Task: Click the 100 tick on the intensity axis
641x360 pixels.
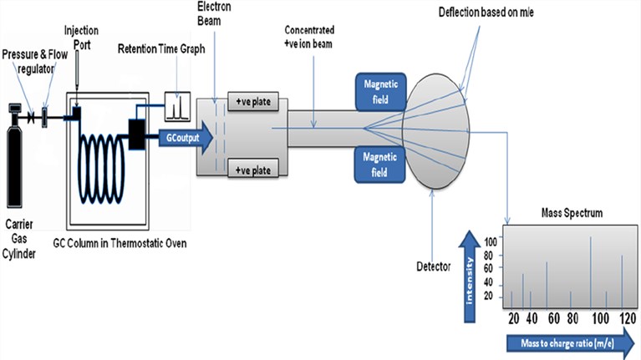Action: [x=491, y=241]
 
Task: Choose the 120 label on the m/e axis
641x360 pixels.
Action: [x=623, y=317]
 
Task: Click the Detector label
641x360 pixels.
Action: [x=434, y=267]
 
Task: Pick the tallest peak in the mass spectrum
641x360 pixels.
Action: [x=591, y=271]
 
